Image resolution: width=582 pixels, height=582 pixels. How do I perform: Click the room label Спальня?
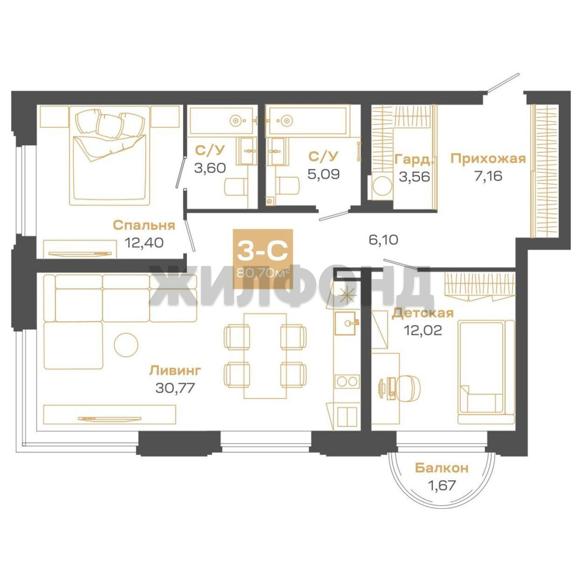(x=144, y=225)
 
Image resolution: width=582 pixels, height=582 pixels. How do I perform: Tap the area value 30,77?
(x=175, y=388)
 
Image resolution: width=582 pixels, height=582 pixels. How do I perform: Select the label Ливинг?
(x=175, y=370)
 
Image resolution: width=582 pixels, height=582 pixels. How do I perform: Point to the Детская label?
(x=423, y=313)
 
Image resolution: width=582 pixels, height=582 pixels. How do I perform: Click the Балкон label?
(x=442, y=468)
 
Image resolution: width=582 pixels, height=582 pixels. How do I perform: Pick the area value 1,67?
(x=442, y=485)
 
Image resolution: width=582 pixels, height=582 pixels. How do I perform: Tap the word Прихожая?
(x=488, y=158)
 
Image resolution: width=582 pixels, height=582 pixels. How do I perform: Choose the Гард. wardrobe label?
(x=414, y=159)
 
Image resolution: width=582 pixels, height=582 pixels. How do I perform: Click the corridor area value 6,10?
(x=384, y=239)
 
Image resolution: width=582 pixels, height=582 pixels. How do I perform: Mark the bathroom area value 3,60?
(x=210, y=168)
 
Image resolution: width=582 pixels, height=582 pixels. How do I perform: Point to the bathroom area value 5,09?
(x=323, y=174)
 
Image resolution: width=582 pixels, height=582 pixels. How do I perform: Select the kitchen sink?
(x=345, y=323)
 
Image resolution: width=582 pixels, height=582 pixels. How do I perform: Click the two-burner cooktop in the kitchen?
(x=347, y=381)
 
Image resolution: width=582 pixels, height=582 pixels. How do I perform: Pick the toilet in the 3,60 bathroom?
(x=235, y=186)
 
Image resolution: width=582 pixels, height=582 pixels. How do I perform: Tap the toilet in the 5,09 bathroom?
(x=288, y=185)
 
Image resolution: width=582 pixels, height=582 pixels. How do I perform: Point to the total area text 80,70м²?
(x=263, y=274)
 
